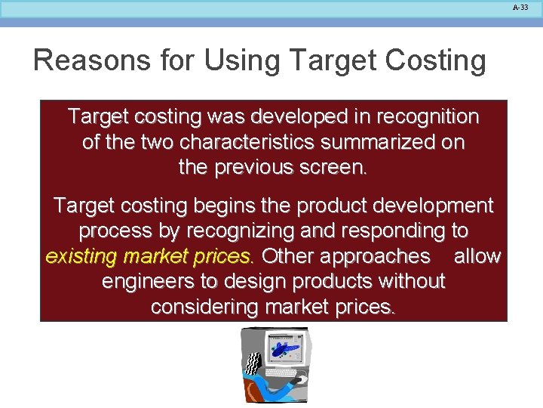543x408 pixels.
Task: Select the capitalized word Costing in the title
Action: [x=434, y=60]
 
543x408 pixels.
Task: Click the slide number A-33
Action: [x=521, y=7]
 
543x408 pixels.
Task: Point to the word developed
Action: [x=287, y=117]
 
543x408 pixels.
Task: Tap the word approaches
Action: [x=375, y=256]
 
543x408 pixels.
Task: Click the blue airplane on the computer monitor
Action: [x=286, y=348]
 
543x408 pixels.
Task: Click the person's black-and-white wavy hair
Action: [x=253, y=363]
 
